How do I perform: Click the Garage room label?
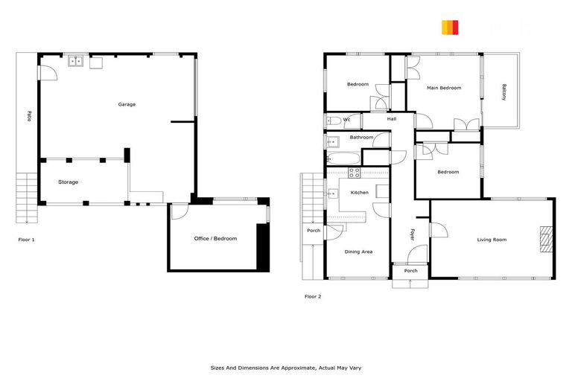click(127, 105)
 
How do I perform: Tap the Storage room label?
click(68, 182)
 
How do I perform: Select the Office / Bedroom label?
click(215, 239)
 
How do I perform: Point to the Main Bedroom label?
click(444, 89)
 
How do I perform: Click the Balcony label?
click(504, 92)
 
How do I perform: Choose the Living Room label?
click(492, 240)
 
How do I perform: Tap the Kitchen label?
click(360, 193)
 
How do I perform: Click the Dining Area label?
click(358, 252)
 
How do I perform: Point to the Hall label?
click(392, 119)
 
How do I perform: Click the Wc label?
click(347, 119)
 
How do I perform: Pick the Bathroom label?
click(361, 138)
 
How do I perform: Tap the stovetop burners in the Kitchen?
click(355, 173)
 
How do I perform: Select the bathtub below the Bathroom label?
click(342, 158)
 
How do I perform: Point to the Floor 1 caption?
click(27, 240)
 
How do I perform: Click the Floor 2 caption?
click(313, 297)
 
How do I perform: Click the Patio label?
click(28, 116)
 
